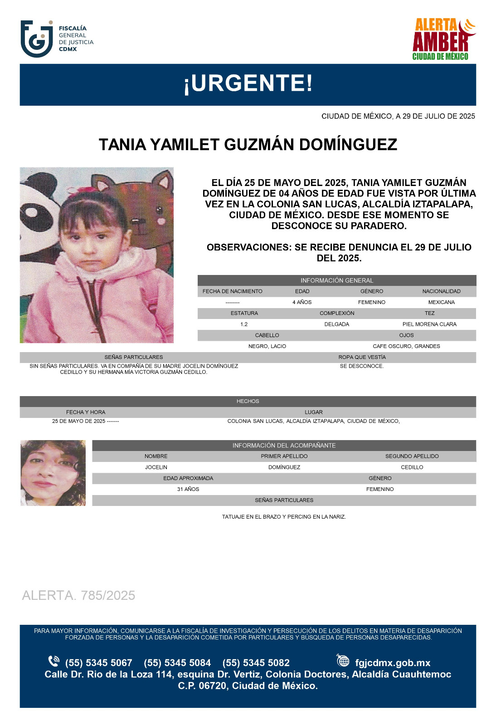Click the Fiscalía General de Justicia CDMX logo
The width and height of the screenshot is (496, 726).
tap(57, 39)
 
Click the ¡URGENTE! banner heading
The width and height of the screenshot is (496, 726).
tap(248, 83)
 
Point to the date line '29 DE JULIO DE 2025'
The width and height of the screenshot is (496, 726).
tap(398, 116)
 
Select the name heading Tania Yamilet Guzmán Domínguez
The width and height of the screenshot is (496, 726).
tap(248, 145)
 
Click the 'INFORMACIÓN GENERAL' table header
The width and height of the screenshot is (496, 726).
tap(336, 280)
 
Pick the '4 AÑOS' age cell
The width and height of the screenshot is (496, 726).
tap(302, 302)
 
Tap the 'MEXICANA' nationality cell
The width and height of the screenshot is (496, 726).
tap(441, 302)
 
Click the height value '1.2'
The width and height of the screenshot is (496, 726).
tap(244, 324)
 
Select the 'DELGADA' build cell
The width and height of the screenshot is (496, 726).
tap(336, 324)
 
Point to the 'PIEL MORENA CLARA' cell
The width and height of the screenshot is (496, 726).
tap(429, 324)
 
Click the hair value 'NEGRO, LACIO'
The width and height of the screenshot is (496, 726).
tap(267, 346)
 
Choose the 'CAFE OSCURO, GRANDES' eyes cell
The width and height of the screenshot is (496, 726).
tap(406, 346)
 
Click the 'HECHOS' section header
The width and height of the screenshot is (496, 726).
tap(248, 401)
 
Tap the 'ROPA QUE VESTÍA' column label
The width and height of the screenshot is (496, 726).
tap(362, 357)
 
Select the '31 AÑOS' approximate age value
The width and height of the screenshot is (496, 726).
tap(188, 489)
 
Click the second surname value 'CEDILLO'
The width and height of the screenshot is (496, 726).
tap(412, 467)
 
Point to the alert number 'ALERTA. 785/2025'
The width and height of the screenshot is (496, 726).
tap(78, 595)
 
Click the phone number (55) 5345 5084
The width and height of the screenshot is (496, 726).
tap(177, 663)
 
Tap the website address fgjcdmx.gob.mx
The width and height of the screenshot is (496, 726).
tap(393, 663)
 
